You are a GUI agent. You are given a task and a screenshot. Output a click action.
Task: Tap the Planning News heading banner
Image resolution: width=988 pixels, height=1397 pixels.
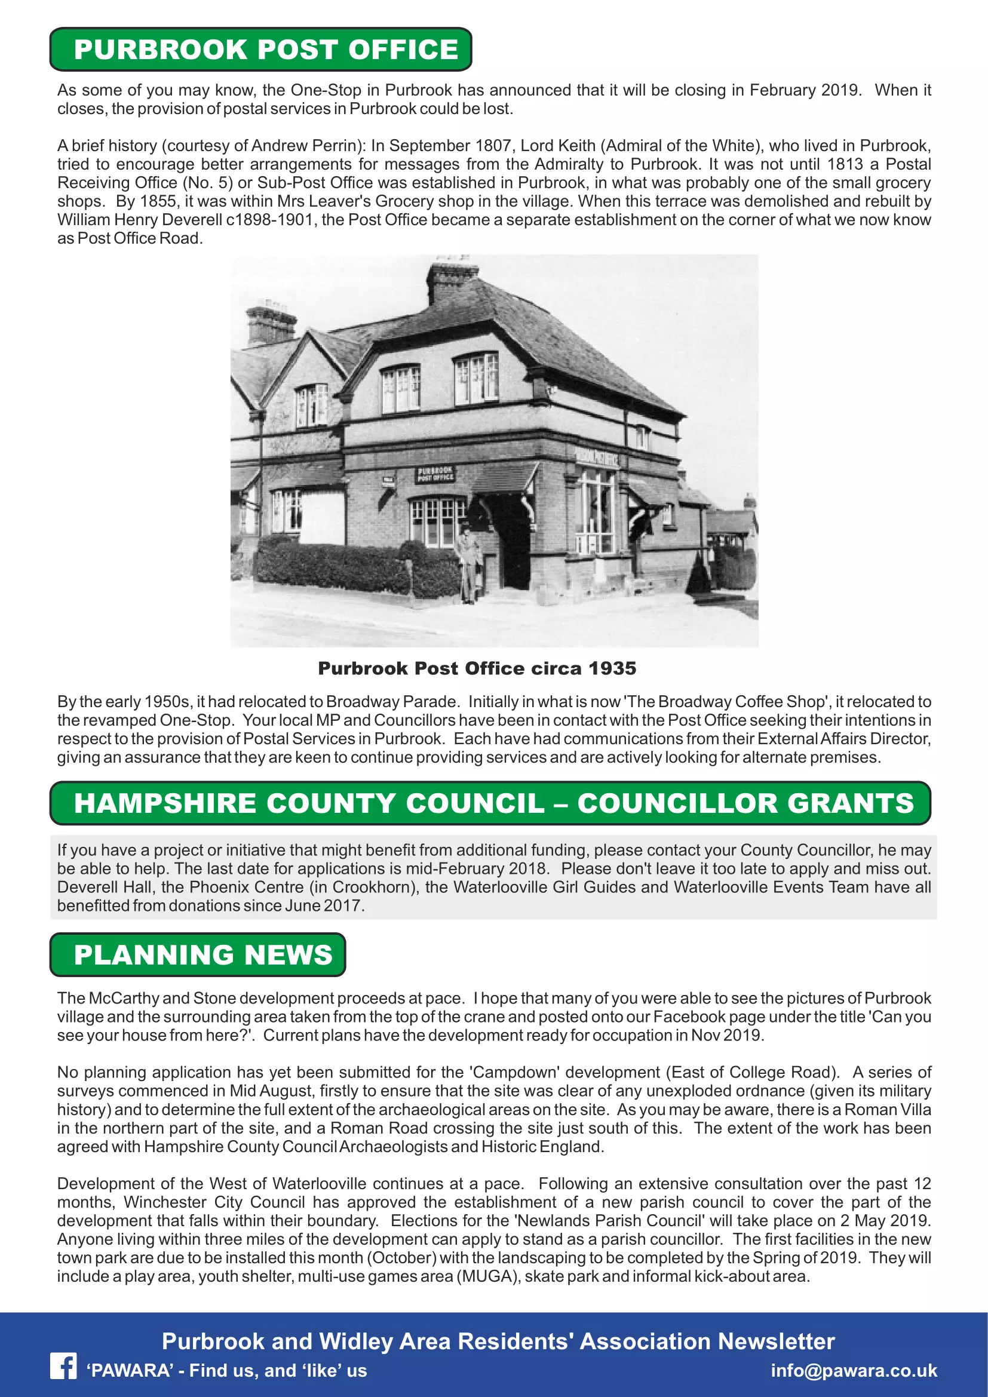198,954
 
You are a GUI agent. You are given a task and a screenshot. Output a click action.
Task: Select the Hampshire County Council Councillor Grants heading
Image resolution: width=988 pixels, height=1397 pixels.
490,803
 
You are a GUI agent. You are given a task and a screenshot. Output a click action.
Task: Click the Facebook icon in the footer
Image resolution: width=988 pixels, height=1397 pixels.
63,1367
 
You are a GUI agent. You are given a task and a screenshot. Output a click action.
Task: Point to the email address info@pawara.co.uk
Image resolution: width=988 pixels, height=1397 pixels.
854,1370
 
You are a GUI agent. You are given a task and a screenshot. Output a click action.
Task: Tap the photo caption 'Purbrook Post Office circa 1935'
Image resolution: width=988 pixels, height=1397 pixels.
477,668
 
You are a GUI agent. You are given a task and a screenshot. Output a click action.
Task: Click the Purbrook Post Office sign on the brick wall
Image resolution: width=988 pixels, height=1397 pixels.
435,474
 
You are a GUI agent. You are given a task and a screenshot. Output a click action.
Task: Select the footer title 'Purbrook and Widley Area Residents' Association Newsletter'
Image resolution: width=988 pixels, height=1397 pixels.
498,1341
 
